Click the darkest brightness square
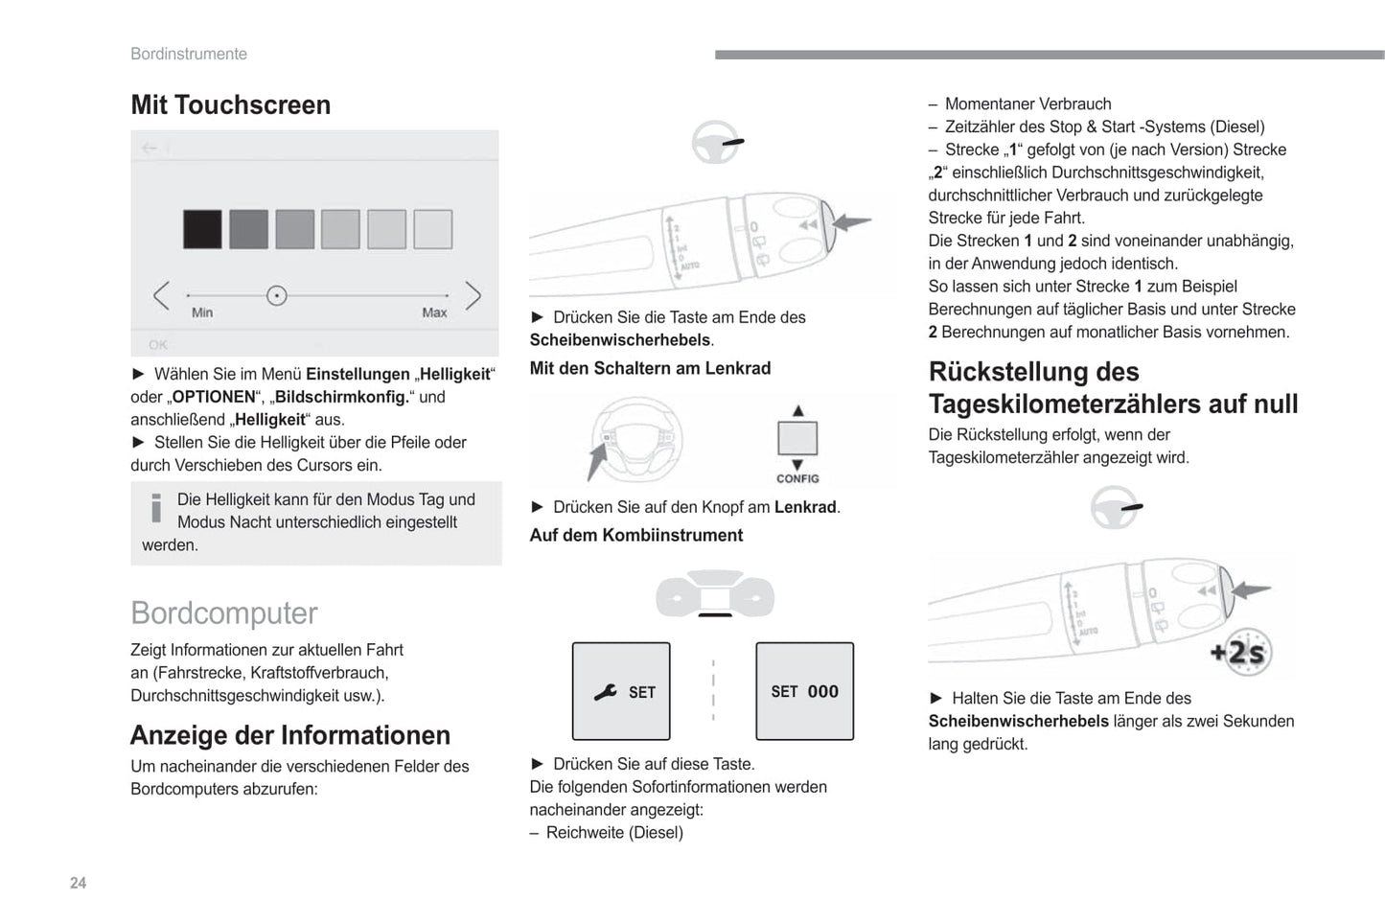point(202,229)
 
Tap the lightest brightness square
point(432,229)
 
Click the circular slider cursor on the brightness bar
point(277,295)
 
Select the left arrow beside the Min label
point(161,295)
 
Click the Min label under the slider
point(202,312)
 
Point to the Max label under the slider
point(434,312)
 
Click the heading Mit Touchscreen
point(231,104)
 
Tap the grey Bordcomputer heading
point(224,613)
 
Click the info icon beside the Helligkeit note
point(156,508)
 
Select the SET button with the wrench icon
point(621,691)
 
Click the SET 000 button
point(804,691)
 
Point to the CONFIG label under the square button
point(797,478)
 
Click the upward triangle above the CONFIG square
point(797,410)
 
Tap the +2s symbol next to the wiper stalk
point(1238,653)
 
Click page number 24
point(79,883)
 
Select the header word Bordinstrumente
point(189,54)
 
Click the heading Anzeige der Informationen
point(290,735)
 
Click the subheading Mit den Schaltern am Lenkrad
point(650,368)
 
